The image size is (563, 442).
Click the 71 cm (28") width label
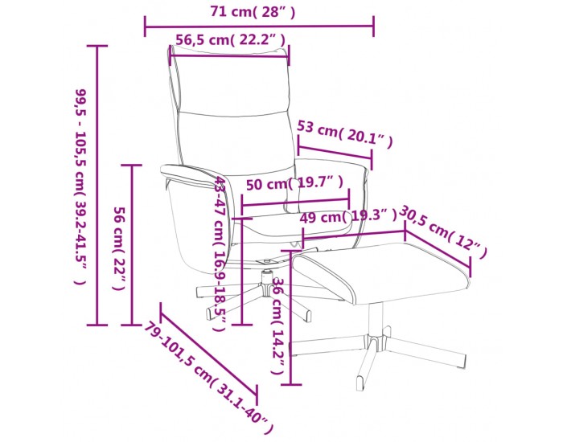click(x=253, y=12)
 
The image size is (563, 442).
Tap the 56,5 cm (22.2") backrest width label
click(x=230, y=40)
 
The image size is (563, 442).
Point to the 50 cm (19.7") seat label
click(x=294, y=184)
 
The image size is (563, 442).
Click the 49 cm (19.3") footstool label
click(x=348, y=216)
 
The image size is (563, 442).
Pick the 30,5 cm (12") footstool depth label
click(x=443, y=231)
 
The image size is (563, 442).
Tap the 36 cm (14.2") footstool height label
click(x=279, y=325)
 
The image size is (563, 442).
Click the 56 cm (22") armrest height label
click(x=119, y=248)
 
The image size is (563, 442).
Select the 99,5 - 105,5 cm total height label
click(x=80, y=186)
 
